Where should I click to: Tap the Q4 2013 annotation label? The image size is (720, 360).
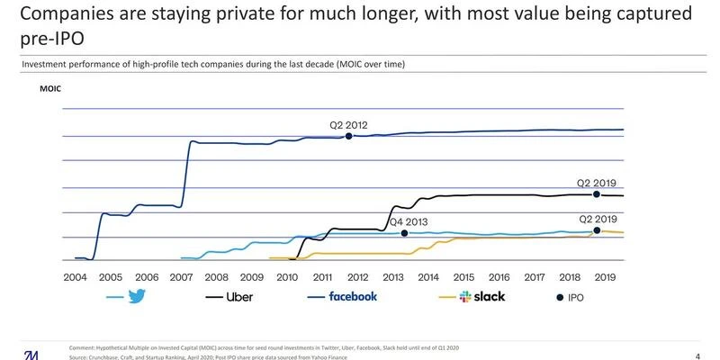click(407, 221)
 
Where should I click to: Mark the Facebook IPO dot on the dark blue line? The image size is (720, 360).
click(348, 137)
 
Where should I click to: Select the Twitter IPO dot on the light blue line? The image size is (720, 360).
click(404, 233)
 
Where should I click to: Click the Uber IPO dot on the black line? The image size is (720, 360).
click(596, 194)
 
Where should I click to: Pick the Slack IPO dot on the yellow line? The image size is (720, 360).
click(596, 230)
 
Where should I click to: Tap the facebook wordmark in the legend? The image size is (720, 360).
click(353, 296)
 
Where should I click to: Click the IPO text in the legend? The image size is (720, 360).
click(585, 296)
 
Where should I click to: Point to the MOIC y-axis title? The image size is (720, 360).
click(50, 89)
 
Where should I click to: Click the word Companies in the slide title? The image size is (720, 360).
click(60, 13)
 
